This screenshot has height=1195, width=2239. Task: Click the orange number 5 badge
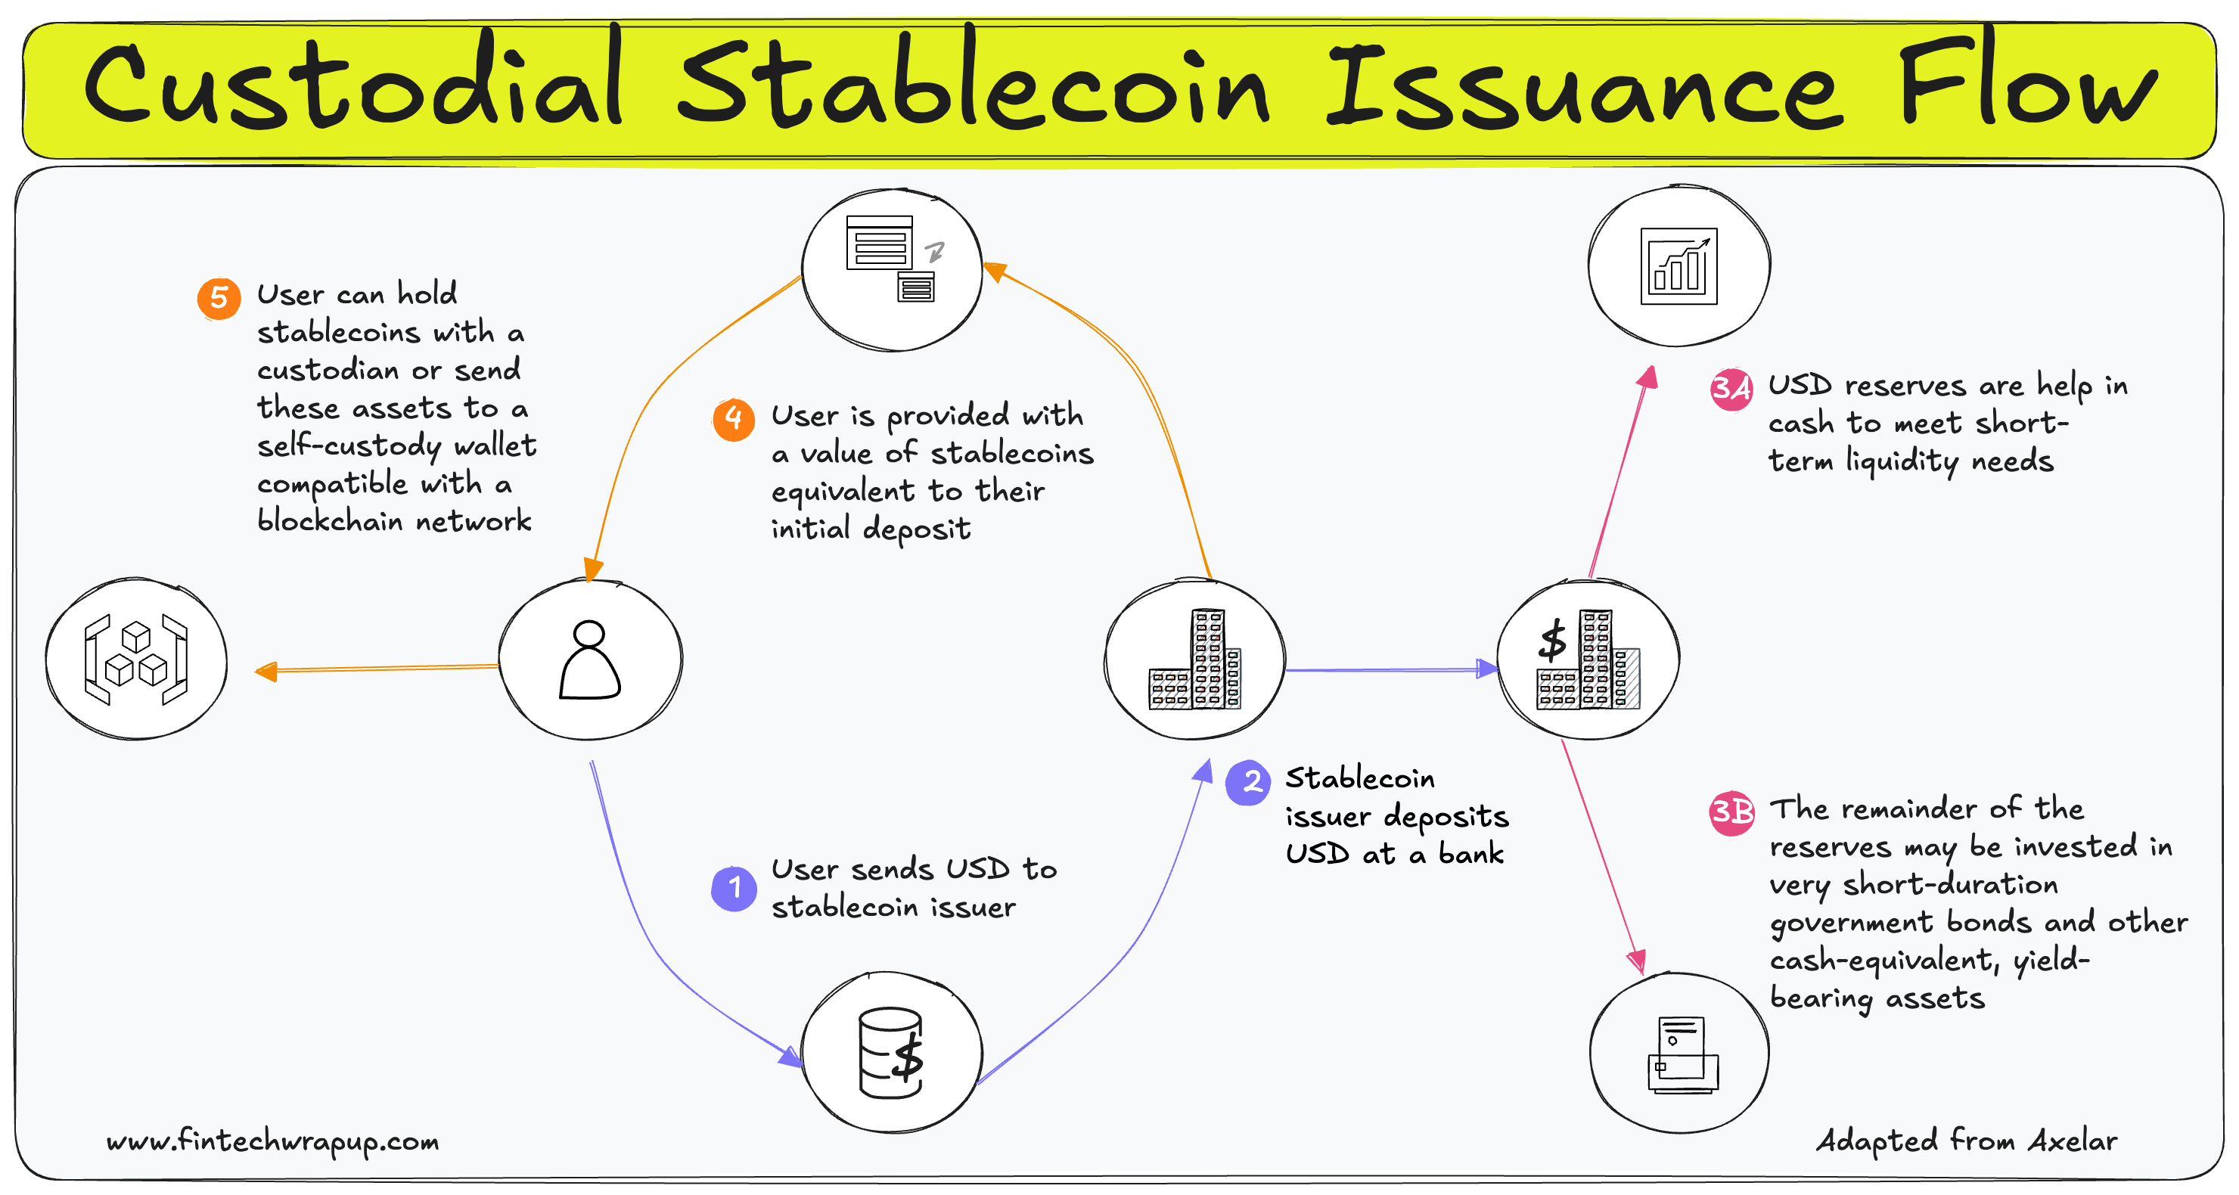219,299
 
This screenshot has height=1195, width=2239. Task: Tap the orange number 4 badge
734,420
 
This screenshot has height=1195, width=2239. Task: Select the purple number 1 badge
734,888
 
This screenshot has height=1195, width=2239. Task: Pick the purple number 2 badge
1249,782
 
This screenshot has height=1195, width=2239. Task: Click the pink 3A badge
1731,389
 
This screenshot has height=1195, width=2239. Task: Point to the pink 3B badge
1731,812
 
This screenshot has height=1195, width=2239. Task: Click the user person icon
589,660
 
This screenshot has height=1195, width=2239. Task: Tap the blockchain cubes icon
135,660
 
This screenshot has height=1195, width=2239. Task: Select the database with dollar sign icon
891,1053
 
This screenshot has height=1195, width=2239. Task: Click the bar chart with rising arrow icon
1678,266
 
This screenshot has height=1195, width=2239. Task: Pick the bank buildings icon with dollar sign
1588,660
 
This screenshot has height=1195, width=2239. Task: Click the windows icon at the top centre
892,259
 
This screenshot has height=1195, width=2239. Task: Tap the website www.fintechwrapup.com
273,1141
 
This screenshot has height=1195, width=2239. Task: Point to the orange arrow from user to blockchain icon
378,669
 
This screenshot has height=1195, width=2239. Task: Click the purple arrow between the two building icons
1391,669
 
